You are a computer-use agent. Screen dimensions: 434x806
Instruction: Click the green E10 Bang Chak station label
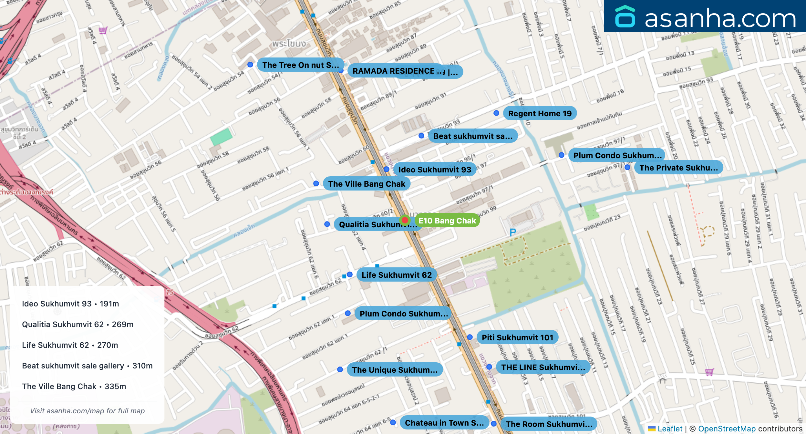point(447,221)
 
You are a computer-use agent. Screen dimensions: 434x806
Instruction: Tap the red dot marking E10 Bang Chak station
point(405,220)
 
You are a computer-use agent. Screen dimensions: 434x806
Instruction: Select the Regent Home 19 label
point(540,113)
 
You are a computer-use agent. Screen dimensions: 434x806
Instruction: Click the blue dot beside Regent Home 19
point(496,113)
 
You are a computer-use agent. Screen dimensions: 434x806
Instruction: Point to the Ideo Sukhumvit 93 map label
point(434,170)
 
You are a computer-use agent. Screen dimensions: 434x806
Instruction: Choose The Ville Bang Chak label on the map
point(367,184)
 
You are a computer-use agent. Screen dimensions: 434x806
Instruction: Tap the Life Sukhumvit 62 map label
point(396,275)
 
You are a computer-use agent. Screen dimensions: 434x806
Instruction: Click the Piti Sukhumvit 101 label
point(517,337)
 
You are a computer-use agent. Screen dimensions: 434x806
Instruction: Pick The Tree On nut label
point(300,65)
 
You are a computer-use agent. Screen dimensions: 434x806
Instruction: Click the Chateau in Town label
point(444,423)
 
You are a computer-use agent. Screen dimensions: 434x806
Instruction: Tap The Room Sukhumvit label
point(549,424)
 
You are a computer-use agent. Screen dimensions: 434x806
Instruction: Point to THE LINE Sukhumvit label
point(543,367)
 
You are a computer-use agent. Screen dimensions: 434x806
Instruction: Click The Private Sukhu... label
point(678,168)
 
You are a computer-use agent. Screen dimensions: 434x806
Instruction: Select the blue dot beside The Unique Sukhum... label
point(340,369)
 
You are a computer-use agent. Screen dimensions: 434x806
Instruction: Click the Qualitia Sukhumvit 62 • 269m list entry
point(77,324)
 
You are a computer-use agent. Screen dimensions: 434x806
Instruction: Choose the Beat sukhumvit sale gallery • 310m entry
point(87,366)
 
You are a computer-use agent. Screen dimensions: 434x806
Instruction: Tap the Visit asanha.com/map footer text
point(87,411)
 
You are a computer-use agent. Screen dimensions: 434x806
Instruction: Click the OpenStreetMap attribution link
point(727,429)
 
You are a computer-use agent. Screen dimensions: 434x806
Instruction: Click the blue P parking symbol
point(512,232)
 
